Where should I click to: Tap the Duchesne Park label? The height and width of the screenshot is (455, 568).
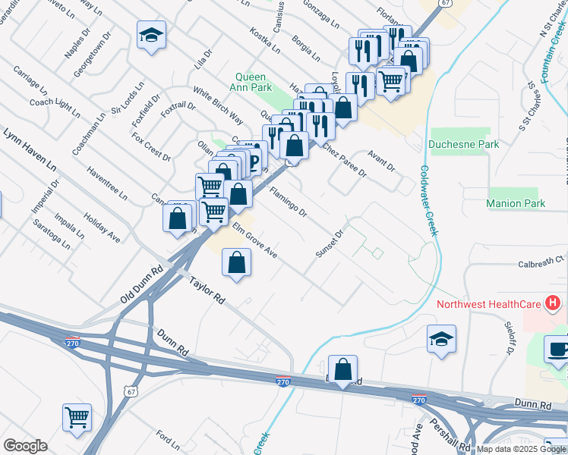pos(463,144)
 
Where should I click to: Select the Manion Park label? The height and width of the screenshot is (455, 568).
pos(516,203)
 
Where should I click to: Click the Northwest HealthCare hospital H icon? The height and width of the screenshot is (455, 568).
pos(553,305)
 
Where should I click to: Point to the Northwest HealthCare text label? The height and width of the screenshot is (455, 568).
pos(489,305)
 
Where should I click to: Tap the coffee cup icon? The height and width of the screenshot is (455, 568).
pos(559,350)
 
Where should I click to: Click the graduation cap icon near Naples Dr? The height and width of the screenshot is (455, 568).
pos(151,34)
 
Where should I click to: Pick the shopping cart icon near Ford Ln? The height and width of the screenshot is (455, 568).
pos(77,417)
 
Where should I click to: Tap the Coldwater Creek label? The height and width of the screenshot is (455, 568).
pos(428,201)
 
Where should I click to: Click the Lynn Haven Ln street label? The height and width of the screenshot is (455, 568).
pos(30,149)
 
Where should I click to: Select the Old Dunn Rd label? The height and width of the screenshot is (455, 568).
pos(142,286)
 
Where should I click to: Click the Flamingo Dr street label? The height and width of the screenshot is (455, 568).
pos(288,202)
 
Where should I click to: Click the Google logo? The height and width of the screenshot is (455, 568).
pos(25,446)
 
